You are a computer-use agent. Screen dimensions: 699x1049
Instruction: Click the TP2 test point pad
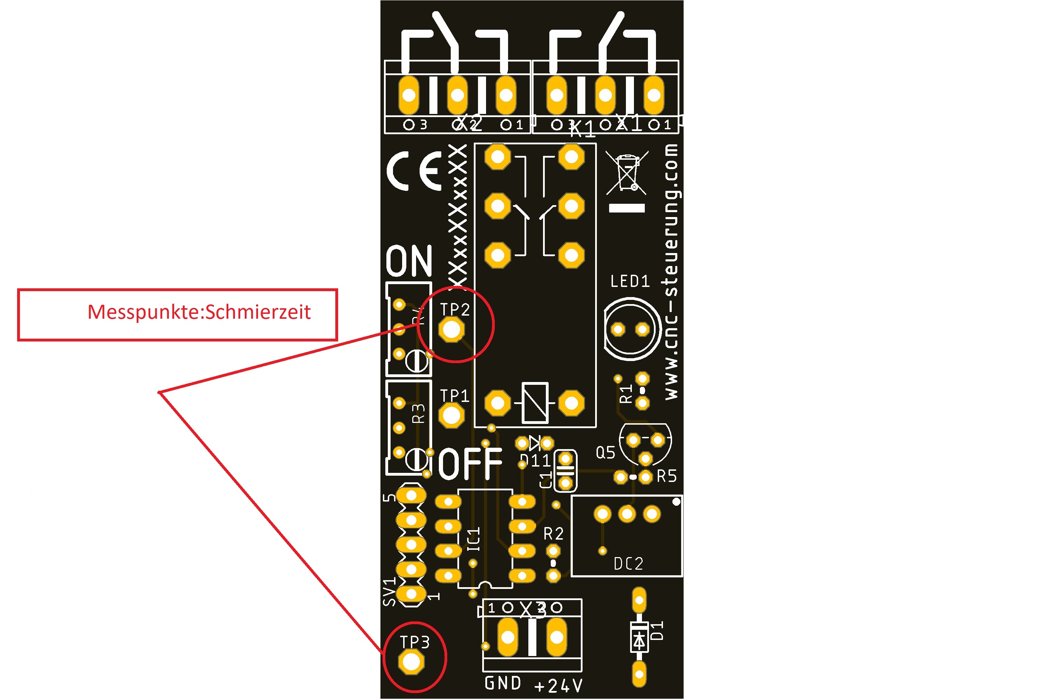451,330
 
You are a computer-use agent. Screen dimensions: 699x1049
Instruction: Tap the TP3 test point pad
411,662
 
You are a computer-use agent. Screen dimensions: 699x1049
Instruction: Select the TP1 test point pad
451,416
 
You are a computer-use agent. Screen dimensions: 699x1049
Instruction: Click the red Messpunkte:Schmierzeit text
199,312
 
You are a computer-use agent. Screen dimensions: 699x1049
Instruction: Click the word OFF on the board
470,464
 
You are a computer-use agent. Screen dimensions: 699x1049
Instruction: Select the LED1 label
630,281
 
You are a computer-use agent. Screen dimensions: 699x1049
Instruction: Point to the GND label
503,683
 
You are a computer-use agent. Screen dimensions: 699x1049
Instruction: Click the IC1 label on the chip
474,539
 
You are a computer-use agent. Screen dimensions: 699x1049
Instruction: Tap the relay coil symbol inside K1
535,403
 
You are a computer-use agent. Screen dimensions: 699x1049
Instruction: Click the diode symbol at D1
639,641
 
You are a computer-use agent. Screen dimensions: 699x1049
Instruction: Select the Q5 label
605,453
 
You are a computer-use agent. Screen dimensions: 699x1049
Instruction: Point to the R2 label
554,534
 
